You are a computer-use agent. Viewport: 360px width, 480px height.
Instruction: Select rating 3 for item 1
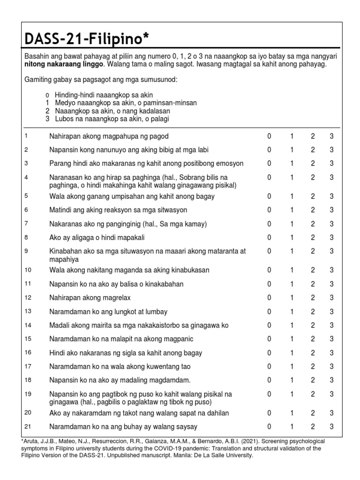pyautogui.click(x=331, y=136)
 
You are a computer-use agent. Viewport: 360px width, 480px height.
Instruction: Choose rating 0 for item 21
pyautogui.click(x=269, y=427)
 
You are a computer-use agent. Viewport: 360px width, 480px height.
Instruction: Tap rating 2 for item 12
pyautogui.click(x=313, y=298)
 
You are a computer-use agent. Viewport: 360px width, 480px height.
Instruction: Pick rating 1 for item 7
pyautogui.click(x=292, y=224)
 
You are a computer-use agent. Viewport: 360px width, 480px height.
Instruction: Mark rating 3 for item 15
pyautogui.click(x=331, y=339)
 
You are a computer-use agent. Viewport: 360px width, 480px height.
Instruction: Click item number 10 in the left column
pyautogui.click(x=28, y=270)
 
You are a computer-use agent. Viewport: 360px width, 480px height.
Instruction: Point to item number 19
pyautogui.click(x=28, y=394)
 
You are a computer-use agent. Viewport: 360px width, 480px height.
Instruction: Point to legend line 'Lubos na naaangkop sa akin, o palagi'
pyautogui.click(x=112, y=119)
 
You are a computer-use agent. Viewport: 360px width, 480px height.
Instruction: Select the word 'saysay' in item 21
pyautogui.click(x=186, y=427)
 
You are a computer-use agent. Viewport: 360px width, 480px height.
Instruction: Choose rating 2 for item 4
pyautogui.click(x=313, y=177)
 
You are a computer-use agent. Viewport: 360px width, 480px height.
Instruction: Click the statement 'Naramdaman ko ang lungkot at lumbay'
pyautogui.click(x=108, y=312)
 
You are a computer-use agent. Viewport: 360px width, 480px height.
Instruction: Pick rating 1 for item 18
pyautogui.click(x=292, y=380)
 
